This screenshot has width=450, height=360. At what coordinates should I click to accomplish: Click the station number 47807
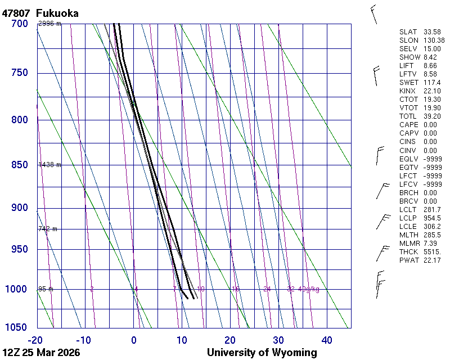(x=16, y=12)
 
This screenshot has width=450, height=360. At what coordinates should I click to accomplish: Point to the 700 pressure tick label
(x=19, y=24)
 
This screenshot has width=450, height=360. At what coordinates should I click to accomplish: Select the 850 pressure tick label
(x=19, y=165)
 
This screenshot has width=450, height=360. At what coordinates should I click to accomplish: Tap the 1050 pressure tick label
(x=17, y=328)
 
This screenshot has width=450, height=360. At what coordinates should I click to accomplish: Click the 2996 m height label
(x=49, y=24)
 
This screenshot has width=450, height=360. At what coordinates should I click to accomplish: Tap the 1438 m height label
(x=49, y=165)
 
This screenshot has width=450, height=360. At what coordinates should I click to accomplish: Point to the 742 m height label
(x=48, y=229)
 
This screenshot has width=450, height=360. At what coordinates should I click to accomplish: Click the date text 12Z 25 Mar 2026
(x=41, y=353)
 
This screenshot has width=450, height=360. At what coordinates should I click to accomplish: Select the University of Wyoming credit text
(x=262, y=353)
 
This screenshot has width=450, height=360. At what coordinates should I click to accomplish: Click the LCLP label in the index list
(x=408, y=218)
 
